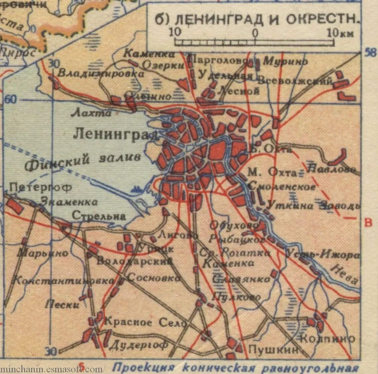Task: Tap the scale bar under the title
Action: [x=254, y=42]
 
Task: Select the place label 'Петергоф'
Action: [x=40, y=187]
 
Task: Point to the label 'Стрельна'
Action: [x=99, y=216]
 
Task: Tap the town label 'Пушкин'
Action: [x=273, y=350]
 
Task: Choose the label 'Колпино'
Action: [x=327, y=338]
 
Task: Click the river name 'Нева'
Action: [x=345, y=274]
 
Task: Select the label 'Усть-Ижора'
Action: [x=323, y=255]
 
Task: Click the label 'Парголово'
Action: [x=219, y=60]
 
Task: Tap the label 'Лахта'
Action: [x=91, y=113]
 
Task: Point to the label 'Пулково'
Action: [x=236, y=297]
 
